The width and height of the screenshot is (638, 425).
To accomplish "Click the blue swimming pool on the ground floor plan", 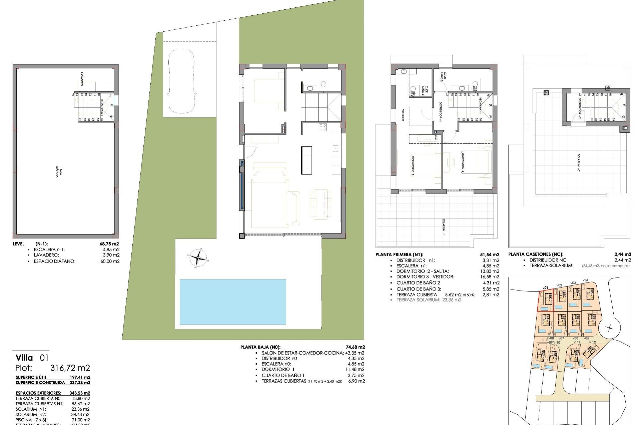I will coord(233,301).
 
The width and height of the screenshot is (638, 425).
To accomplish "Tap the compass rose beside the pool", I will coord(198,257).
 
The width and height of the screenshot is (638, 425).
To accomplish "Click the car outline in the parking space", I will coord(181,81).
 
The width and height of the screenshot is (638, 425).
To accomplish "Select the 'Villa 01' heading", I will coord(32,358).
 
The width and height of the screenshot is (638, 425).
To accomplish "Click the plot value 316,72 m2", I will coord(70,368).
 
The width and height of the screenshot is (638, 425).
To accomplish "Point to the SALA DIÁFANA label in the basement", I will coord(59,172).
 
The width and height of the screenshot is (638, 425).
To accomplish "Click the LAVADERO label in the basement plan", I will coord(81,79).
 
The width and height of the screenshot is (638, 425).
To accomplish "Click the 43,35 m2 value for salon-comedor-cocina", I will coord(354,353).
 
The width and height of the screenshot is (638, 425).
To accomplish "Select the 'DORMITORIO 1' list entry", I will coord(278,369).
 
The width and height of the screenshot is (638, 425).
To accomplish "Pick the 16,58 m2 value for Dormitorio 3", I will coord(491,277).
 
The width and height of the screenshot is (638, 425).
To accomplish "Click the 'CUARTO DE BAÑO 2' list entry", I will coord(418,283).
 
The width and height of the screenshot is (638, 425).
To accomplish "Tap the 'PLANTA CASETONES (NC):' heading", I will coord(536,255).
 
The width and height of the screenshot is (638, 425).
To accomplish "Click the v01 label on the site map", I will coord(545,288).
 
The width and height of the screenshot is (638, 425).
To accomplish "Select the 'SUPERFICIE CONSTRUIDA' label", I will coord(40,382).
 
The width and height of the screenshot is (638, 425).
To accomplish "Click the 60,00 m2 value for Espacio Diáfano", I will coord(112,261).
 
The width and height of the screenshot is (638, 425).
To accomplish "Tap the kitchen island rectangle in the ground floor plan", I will coord(307,160).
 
